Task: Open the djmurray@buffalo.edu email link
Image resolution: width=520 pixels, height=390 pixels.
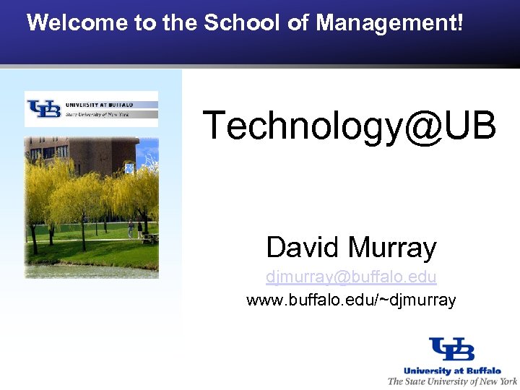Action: click(351, 277)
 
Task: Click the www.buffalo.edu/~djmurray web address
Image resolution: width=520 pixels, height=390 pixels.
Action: click(351, 299)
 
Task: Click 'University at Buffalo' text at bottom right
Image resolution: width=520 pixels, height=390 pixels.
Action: click(452, 370)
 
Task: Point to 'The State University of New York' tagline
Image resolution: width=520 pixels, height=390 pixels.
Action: click(452, 381)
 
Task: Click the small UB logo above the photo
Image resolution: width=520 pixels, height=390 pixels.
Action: click(44, 109)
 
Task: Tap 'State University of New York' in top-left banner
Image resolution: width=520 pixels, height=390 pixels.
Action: click(97, 114)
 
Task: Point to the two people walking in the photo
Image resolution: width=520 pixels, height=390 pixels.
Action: click(135, 230)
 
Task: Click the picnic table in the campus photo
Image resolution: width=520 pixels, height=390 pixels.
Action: click(150, 236)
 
